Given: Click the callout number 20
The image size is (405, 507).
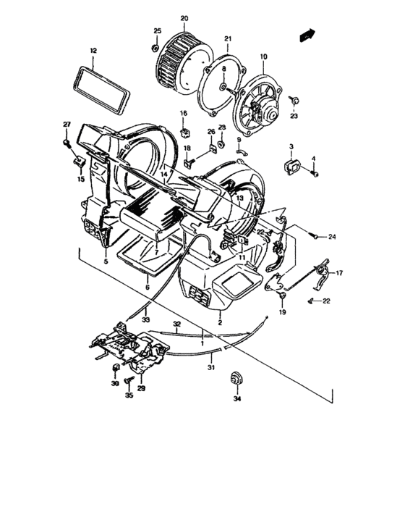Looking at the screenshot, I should tap(184, 17).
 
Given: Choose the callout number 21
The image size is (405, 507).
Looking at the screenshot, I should tap(227, 38).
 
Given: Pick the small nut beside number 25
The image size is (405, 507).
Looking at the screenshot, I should tap(155, 48).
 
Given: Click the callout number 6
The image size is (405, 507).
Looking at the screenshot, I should tap(147, 288).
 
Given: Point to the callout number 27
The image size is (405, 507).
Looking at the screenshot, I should tap(66, 125).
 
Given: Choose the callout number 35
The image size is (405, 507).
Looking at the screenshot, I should tap(129, 397).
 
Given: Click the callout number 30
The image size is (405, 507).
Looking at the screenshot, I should tap(114, 385).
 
